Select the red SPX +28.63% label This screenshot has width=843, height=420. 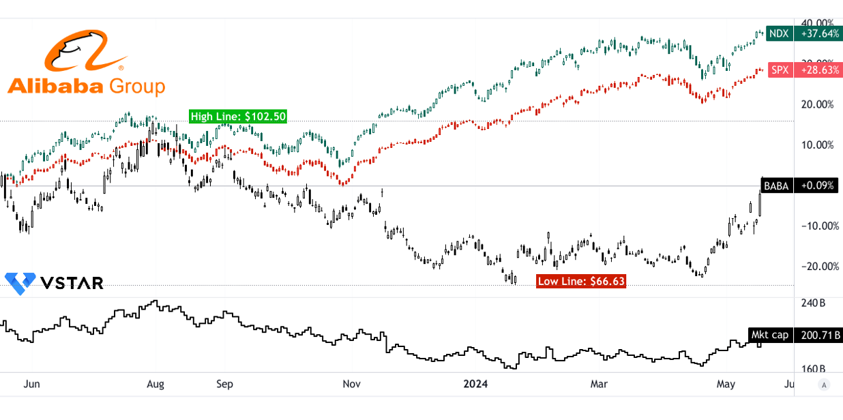pos(805,70)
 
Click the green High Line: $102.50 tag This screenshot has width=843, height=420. pos(238,117)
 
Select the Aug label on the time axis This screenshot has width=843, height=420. pos(156,384)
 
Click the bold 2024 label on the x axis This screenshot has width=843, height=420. pos(475,384)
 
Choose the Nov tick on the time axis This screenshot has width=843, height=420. pos(351,384)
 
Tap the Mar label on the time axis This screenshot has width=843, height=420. pos(600,384)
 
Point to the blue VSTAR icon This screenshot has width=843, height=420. pos(20,282)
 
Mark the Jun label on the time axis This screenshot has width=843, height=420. pos(31,384)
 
